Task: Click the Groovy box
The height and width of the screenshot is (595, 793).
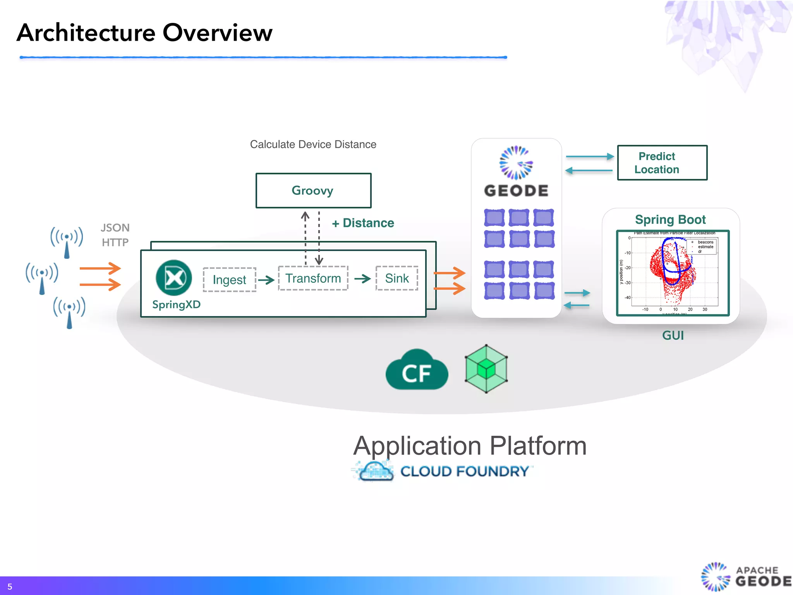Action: click(x=313, y=191)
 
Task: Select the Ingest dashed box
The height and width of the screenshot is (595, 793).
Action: click(x=229, y=280)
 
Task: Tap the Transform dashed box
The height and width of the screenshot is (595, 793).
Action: click(x=313, y=278)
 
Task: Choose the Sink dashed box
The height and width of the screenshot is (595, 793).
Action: click(x=396, y=278)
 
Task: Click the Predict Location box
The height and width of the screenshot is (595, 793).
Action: click(x=662, y=163)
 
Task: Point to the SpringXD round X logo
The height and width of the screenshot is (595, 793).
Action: click(x=174, y=278)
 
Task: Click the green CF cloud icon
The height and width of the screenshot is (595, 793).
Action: click(x=417, y=370)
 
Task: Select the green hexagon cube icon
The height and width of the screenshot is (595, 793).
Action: click(x=486, y=369)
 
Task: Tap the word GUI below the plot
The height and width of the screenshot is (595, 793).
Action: click(x=673, y=335)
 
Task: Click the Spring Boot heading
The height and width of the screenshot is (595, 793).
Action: click(x=670, y=220)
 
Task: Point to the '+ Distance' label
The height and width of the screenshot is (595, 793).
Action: click(x=363, y=223)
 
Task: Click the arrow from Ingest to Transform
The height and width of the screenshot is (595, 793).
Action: click(x=266, y=280)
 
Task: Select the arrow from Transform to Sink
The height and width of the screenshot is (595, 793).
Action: click(x=362, y=279)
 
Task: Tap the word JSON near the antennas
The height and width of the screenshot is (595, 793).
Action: click(x=115, y=228)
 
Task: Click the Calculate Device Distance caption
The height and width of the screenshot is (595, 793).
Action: click(x=313, y=144)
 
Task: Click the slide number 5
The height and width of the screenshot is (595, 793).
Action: click(x=10, y=586)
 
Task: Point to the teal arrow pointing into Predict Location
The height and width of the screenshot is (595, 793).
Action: click(x=589, y=156)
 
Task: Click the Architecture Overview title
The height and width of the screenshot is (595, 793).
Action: click(x=144, y=33)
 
